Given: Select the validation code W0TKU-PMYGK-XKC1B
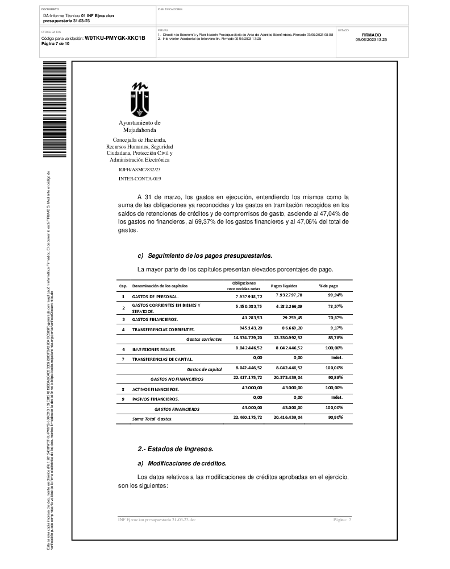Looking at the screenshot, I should click(115, 38).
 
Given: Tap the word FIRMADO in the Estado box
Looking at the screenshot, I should click(371, 35).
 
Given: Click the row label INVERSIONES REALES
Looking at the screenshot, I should click(155, 349).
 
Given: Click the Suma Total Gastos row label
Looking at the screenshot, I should click(152, 419).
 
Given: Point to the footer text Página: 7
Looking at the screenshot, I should click(342, 520).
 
